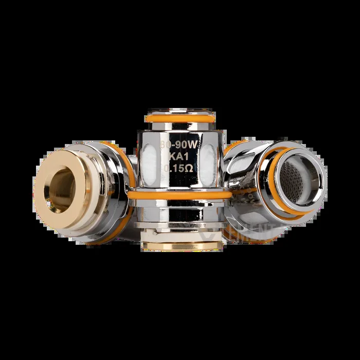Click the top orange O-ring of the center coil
178,118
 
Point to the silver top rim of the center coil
178,111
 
